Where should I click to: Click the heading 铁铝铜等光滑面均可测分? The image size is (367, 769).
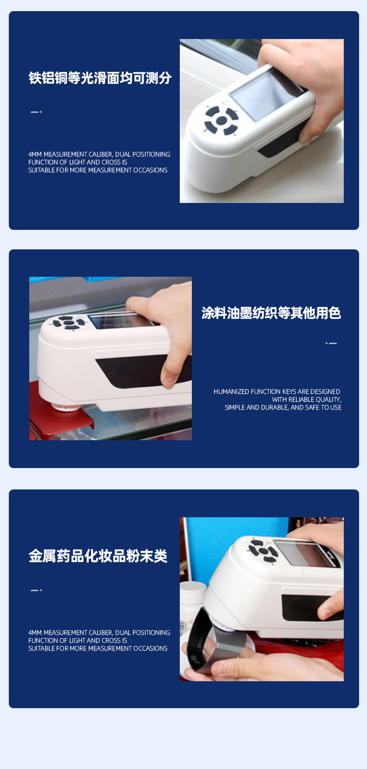point(100,78)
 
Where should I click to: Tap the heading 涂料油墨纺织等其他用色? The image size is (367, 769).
point(271,313)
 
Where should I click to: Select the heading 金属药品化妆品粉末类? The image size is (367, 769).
point(98,556)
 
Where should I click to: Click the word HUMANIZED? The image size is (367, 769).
point(229,392)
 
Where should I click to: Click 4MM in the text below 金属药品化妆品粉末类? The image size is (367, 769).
point(35,633)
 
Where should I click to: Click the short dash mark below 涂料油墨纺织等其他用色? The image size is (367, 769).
point(331,343)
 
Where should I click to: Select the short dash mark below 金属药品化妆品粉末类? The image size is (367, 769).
point(36,590)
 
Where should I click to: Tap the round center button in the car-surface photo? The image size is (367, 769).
point(222,120)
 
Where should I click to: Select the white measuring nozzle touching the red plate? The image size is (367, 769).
point(66,407)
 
